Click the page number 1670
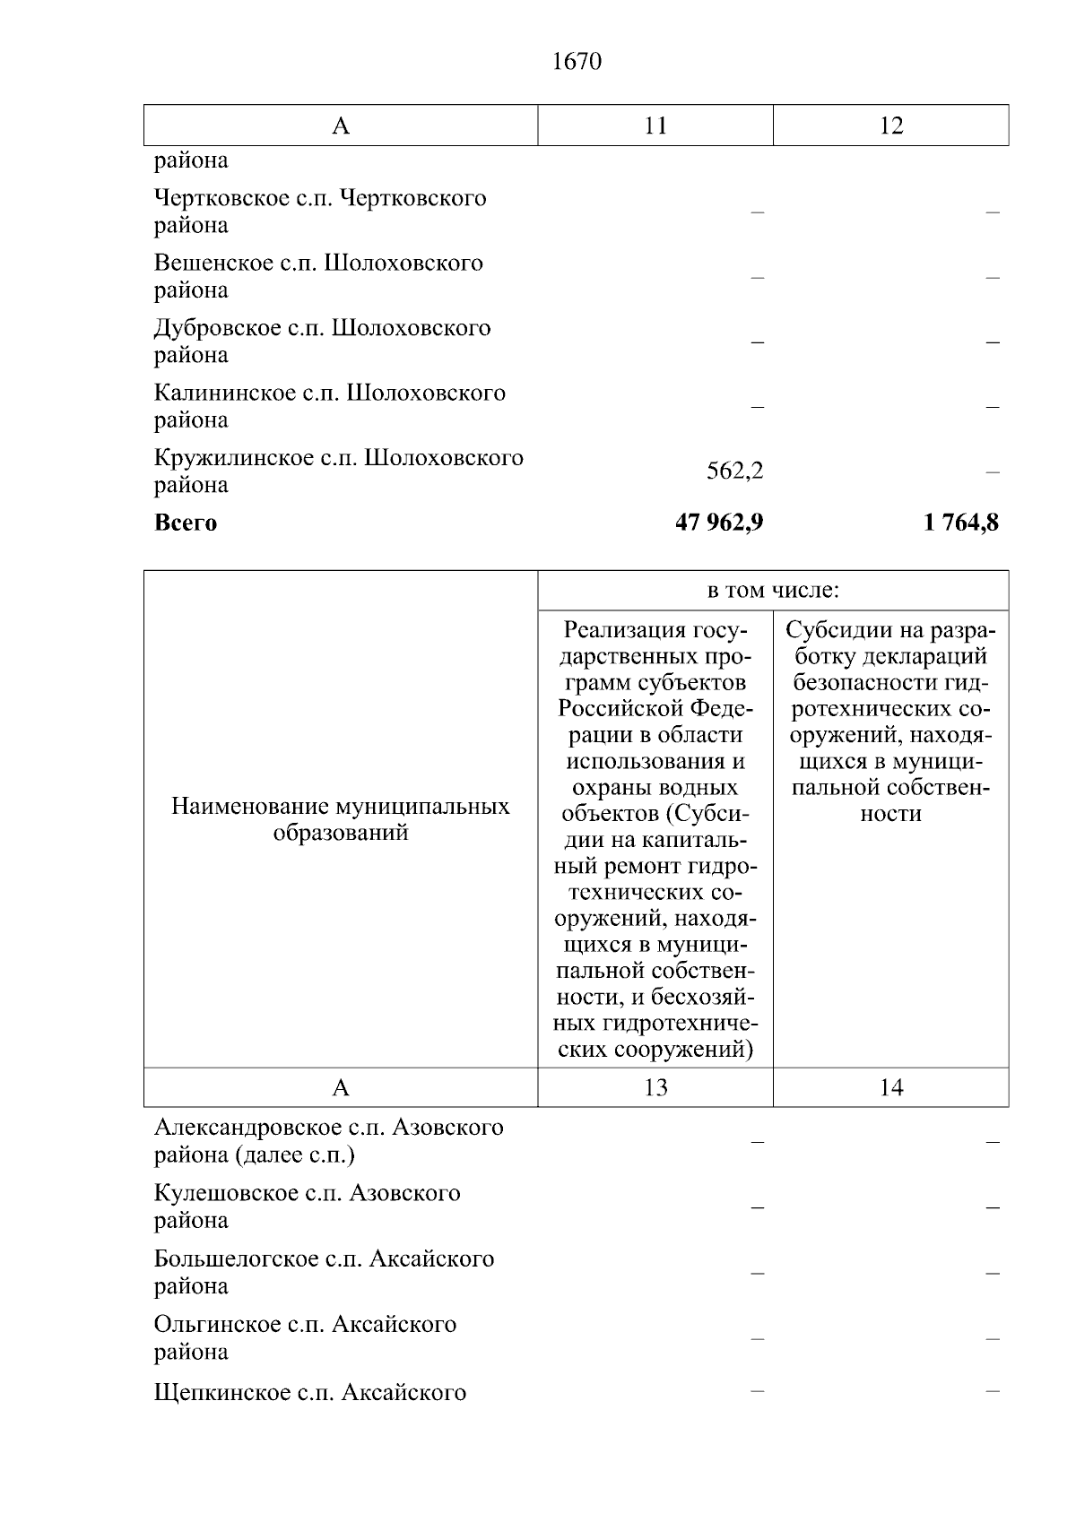[x=577, y=62]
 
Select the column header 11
[x=655, y=125]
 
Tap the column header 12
[x=890, y=125]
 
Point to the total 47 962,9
[x=719, y=523]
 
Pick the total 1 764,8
[x=960, y=523]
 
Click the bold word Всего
[x=186, y=523]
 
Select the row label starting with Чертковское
[x=320, y=212]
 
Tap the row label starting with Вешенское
[x=318, y=276]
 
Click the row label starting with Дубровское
[x=322, y=341]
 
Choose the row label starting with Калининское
[x=329, y=406]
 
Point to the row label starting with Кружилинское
[x=338, y=471]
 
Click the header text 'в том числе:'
[x=773, y=591]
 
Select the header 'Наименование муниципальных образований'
[x=341, y=819]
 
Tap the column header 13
[x=655, y=1087]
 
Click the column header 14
[x=890, y=1087]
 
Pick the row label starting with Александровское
[x=328, y=1140]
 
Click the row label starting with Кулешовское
[x=307, y=1206]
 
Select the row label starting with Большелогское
[x=324, y=1272]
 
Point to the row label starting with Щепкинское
[x=310, y=1393]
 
